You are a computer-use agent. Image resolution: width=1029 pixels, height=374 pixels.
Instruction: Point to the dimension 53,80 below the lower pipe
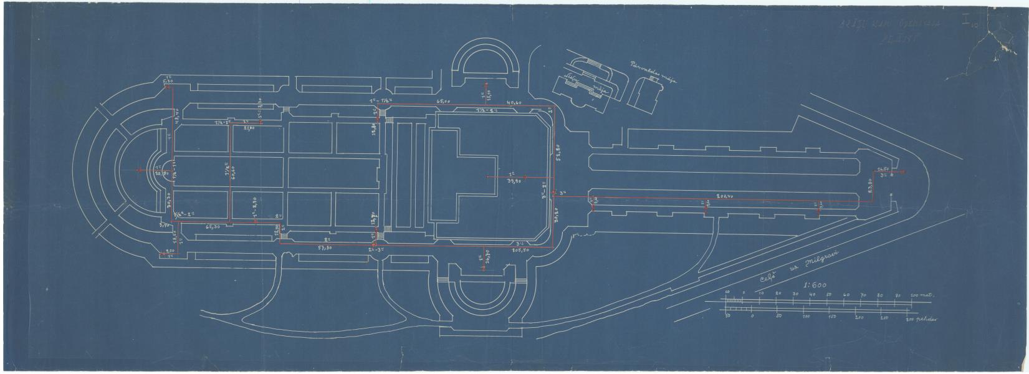pyautogui.click(x=324, y=248)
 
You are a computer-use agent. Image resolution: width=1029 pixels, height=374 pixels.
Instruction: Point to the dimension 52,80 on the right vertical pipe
pyautogui.click(x=558, y=150)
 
